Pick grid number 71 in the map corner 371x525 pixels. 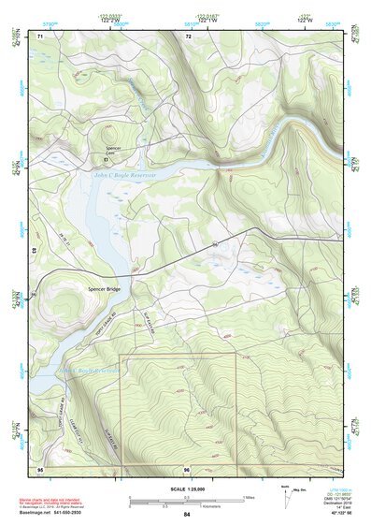pyautogui.click(x=40, y=36)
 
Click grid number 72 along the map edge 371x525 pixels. pyautogui.click(x=188, y=36)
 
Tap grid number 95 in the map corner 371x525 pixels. pyautogui.click(x=40, y=468)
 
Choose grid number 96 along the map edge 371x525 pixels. pyautogui.click(x=187, y=469)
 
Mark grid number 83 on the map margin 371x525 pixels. pyautogui.click(x=35, y=252)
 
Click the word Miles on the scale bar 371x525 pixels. pyautogui.click(x=249, y=496)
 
